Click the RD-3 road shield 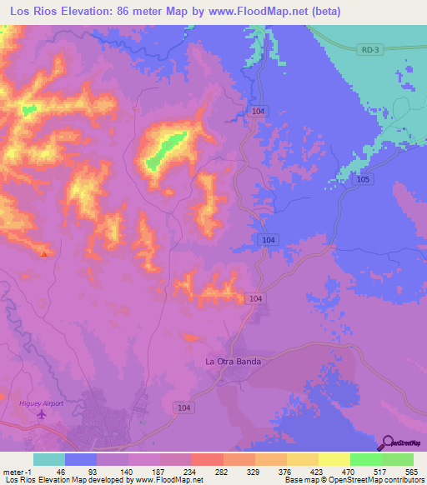click(x=369, y=51)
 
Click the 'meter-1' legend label click(x=17, y=471)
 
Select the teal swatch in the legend click(x=49, y=459)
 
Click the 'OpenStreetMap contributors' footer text click(x=380, y=480)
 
